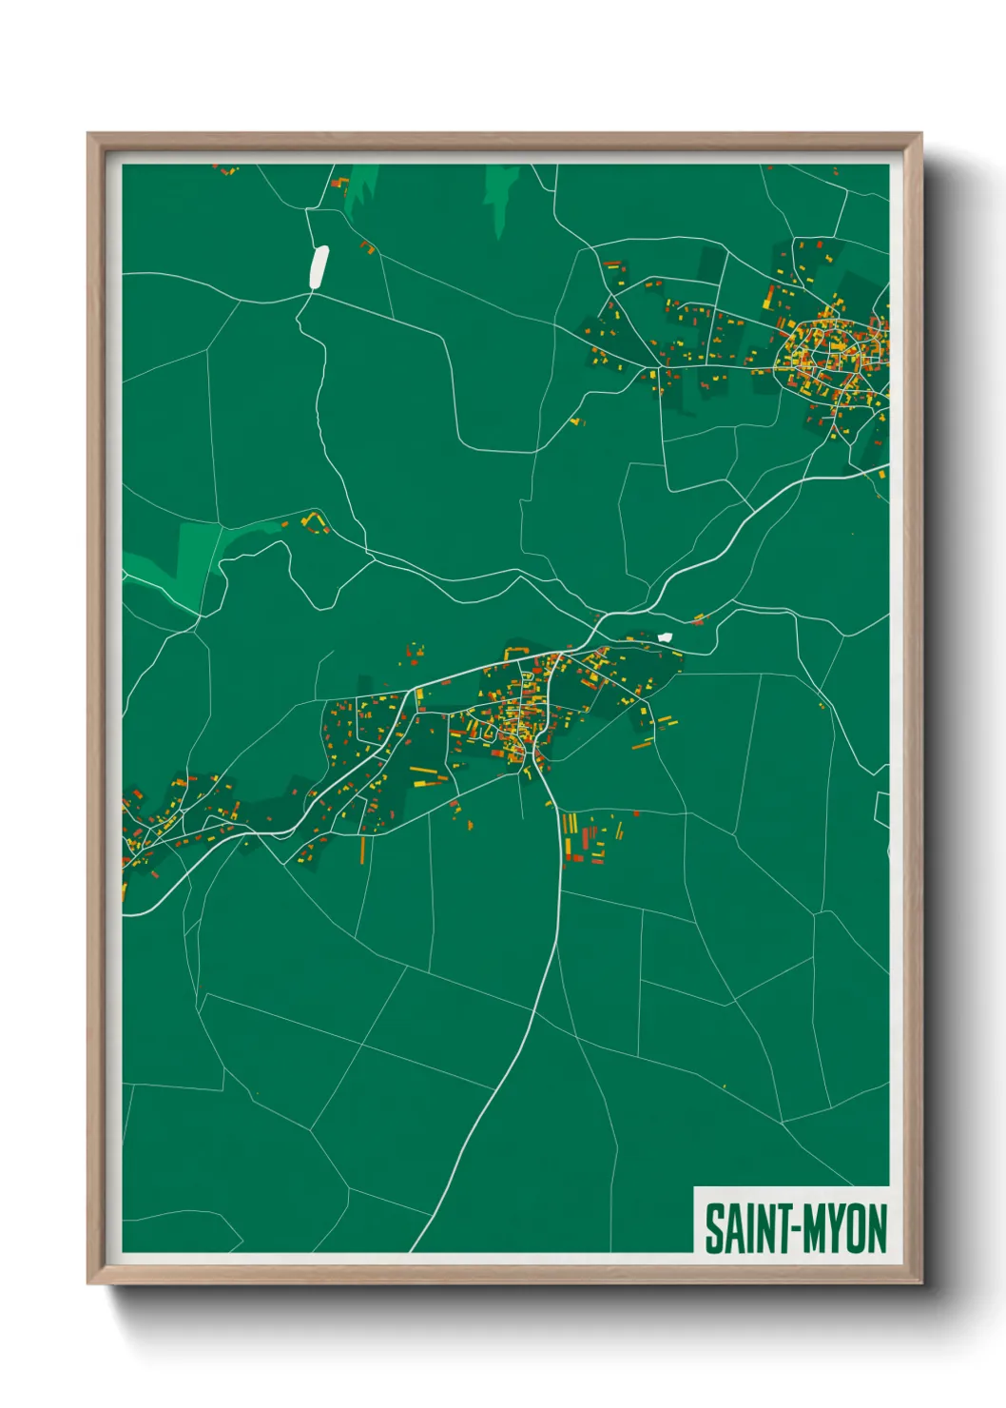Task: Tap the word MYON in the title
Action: (844, 1228)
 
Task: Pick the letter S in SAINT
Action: (712, 1228)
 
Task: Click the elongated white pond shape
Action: (319, 265)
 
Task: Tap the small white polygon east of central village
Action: (665, 636)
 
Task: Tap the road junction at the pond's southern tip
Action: (309, 293)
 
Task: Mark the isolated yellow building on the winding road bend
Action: (575, 419)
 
